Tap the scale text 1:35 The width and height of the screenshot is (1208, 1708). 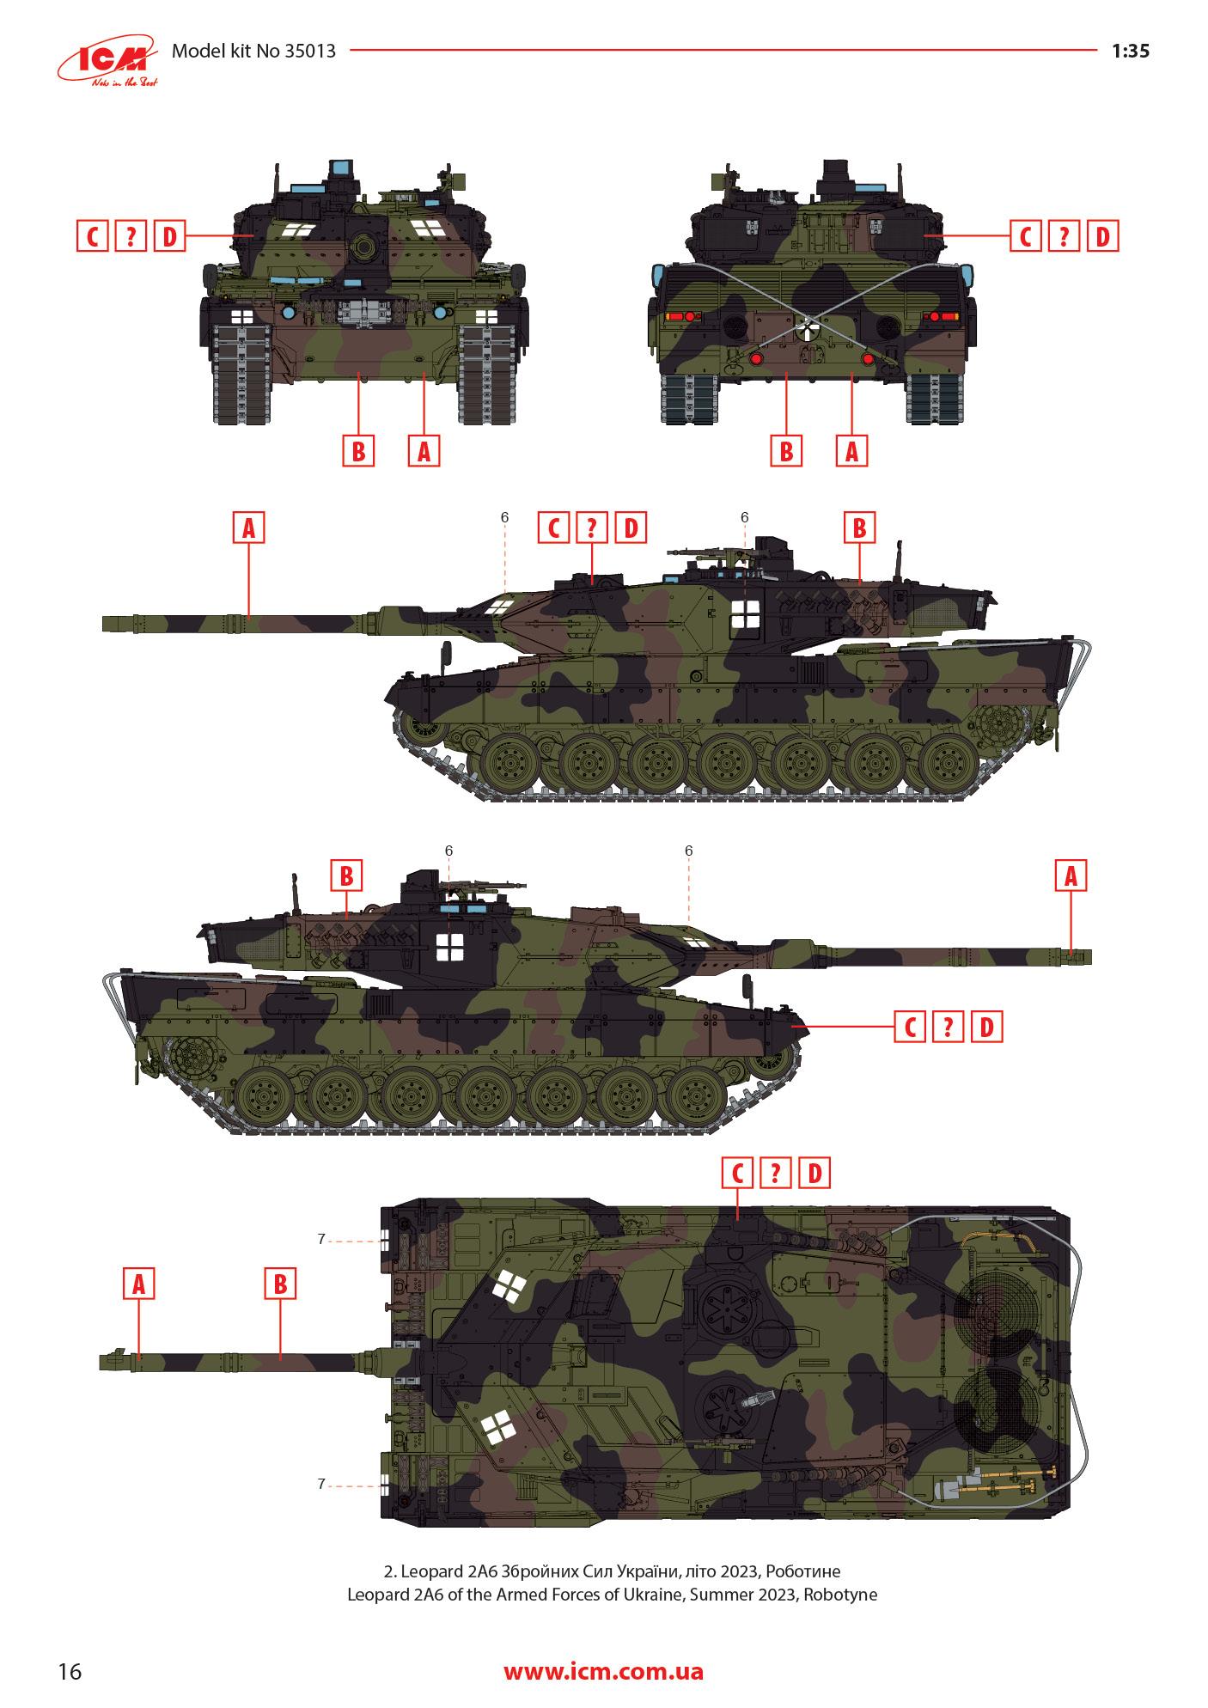[1130, 51]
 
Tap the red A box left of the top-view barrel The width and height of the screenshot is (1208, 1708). [139, 1284]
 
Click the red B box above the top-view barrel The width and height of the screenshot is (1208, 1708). [279, 1284]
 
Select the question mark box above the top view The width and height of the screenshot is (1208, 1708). [776, 1173]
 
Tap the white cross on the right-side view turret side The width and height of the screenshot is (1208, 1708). [449, 948]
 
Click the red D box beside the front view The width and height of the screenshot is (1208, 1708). [170, 235]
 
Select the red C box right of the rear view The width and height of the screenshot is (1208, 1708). [1025, 235]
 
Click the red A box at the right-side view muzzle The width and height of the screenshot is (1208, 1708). [1071, 876]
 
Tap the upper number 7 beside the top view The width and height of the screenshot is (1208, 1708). [321, 1239]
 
